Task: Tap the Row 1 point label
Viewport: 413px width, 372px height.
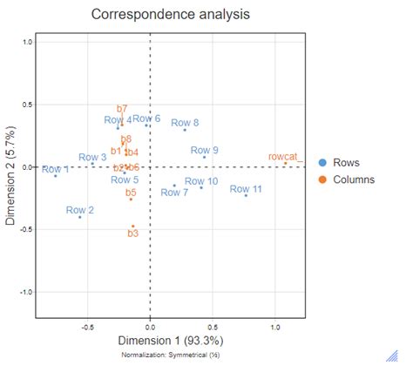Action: coord(55,169)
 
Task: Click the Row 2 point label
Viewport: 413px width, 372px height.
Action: coord(80,210)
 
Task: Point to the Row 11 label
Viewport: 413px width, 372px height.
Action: coord(246,188)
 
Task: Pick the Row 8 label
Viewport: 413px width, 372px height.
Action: coord(185,123)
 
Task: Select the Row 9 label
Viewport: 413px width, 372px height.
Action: coord(204,150)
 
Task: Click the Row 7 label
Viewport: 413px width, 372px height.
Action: coord(174,192)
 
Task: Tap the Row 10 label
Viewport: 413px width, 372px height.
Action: coord(201,180)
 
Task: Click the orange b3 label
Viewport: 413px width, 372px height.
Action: coord(133,233)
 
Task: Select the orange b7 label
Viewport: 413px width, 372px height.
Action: coord(122,109)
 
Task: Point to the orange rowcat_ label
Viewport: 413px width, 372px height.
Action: coord(285,156)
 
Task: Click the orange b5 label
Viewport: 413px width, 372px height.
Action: coord(131,192)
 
